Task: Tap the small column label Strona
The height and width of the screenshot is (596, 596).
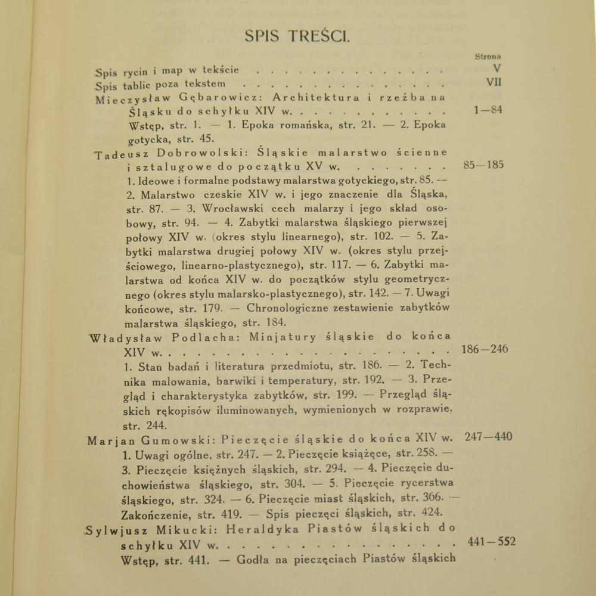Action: pos(488,57)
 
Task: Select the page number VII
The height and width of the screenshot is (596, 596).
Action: pos(493,82)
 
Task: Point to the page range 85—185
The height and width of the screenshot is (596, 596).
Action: pos(483,164)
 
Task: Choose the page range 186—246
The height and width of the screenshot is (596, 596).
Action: pos(485,349)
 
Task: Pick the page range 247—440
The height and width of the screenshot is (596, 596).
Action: pos(488,437)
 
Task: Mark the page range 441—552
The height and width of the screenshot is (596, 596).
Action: pos(492,542)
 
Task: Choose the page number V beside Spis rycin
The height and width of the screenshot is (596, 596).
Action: pos(496,69)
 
